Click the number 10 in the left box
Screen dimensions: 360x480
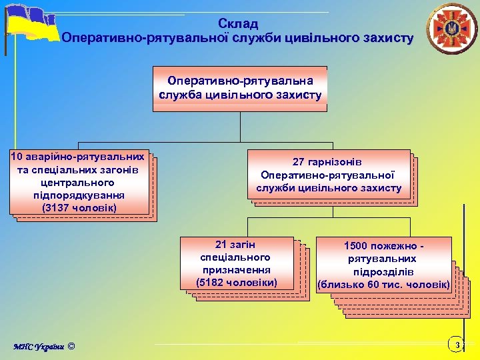[18, 157]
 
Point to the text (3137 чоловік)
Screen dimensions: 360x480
[79, 208]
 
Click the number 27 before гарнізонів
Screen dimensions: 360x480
[300, 162]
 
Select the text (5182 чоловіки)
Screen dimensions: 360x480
[237, 282]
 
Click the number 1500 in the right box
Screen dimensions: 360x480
[358, 246]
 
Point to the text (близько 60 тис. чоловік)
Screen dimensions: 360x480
[383, 285]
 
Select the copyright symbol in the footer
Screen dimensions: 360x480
[72, 345]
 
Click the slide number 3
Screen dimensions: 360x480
[457, 345]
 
